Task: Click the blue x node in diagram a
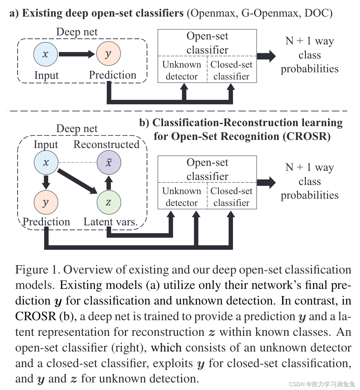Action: (x=45, y=54)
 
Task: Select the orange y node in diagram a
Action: (x=108, y=54)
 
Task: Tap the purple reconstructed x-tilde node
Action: (x=109, y=162)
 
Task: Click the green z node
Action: (x=109, y=202)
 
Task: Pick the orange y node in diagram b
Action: (x=46, y=202)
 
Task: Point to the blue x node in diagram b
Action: (x=46, y=162)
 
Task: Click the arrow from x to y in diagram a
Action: (x=76, y=54)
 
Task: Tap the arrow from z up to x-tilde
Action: (x=109, y=182)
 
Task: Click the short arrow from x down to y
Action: (x=46, y=182)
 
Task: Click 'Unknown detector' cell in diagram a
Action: (x=182, y=70)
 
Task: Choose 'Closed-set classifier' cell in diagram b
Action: (x=231, y=197)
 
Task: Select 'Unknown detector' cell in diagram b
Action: (x=182, y=197)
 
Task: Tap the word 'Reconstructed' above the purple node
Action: (x=106, y=145)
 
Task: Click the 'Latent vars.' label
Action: (x=111, y=222)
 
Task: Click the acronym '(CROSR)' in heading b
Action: (x=307, y=136)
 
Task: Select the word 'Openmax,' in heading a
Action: (x=213, y=13)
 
